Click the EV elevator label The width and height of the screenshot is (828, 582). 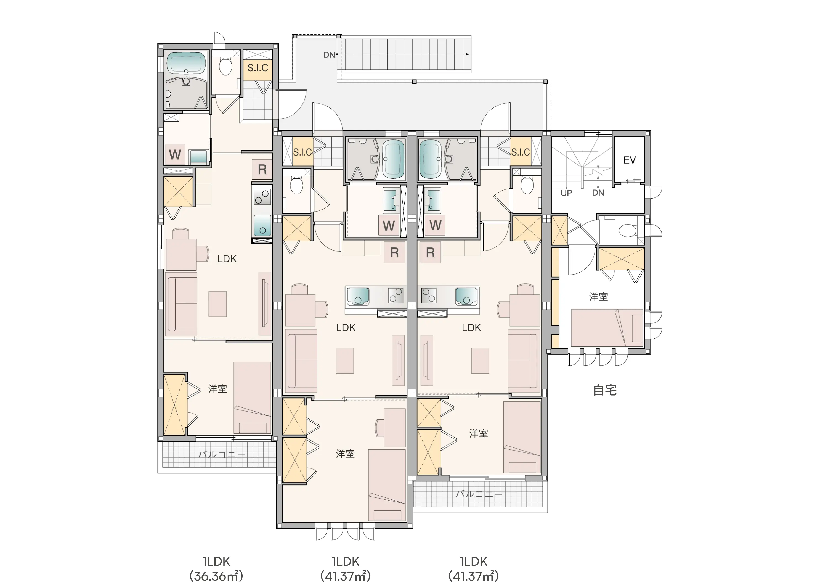[629, 160]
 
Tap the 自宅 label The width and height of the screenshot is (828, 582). [605, 390]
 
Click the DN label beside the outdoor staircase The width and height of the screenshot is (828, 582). [329, 55]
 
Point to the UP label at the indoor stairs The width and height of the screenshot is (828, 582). [566, 193]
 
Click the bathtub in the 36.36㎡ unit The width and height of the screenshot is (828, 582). [186, 63]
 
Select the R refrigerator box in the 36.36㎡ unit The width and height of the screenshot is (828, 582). [262, 169]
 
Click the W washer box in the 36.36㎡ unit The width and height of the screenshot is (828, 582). [175, 154]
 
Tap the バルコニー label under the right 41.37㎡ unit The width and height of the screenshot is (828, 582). [479, 494]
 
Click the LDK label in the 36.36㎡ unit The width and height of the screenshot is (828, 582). [227, 259]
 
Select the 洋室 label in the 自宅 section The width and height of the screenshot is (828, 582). [599, 297]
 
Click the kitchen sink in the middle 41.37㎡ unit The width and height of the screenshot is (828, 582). [358, 296]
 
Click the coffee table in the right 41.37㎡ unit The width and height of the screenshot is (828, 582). [480, 360]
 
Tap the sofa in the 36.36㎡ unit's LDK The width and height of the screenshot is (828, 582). [181, 304]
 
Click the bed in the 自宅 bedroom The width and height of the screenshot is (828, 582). [607, 328]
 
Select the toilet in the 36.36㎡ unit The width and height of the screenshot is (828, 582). [225, 66]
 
